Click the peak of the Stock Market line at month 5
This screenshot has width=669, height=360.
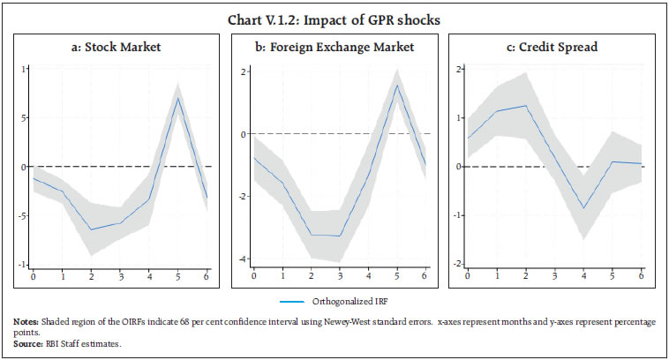(178, 97)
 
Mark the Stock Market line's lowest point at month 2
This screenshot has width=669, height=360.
(91, 229)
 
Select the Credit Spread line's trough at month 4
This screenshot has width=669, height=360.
(583, 208)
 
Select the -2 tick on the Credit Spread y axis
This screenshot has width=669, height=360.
(457, 264)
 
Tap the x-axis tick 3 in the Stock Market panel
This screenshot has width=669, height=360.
(120, 276)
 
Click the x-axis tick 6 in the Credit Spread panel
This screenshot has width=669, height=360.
(642, 276)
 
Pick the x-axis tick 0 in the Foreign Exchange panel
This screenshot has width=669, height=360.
(253, 276)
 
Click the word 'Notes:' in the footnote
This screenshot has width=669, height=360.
(26, 322)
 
